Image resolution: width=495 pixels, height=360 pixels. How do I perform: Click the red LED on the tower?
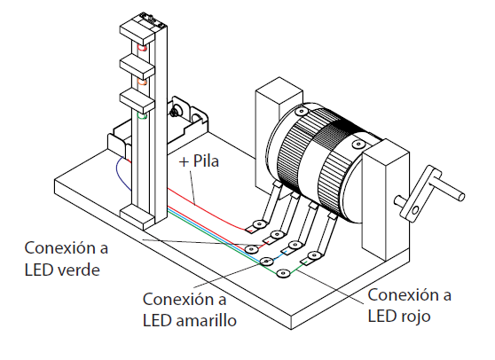pos(142,48)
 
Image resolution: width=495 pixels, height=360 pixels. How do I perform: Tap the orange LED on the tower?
pos(142,82)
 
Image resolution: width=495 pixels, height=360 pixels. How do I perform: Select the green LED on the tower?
pos(142,116)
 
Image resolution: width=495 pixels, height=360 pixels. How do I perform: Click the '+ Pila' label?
pos(199,161)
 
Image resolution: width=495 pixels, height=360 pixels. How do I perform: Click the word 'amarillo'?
pos(206,320)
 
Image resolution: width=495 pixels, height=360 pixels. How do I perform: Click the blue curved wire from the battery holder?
pos(120,173)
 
